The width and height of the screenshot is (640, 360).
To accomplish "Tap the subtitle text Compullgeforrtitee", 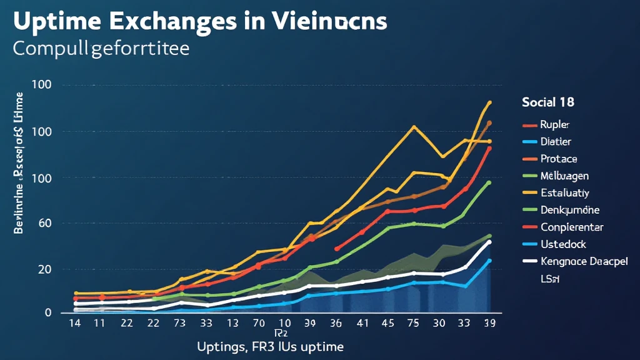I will click(x=100, y=48).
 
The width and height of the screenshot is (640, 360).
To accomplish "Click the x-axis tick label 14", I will click(x=75, y=323).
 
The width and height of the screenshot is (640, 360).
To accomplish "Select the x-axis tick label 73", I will click(x=181, y=323).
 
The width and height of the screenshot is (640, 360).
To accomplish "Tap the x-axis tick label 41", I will click(x=362, y=323).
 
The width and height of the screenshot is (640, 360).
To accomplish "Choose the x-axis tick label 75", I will click(x=413, y=323).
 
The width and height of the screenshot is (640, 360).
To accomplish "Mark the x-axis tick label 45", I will click(x=388, y=323).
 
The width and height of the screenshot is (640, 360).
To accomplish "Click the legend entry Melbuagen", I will click(x=564, y=176).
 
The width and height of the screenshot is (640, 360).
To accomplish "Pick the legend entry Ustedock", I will click(x=563, y=244).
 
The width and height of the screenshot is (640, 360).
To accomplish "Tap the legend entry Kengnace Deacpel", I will click(x=583, y=261).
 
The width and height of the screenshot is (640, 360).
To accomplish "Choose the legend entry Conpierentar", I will click(x=571, y=227).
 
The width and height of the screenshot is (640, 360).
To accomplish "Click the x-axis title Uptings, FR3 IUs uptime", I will click(x=270, y=346).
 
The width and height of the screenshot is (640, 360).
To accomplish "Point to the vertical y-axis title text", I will click(x=19, y=162).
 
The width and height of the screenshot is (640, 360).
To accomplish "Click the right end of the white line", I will click(x=489, y=241).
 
